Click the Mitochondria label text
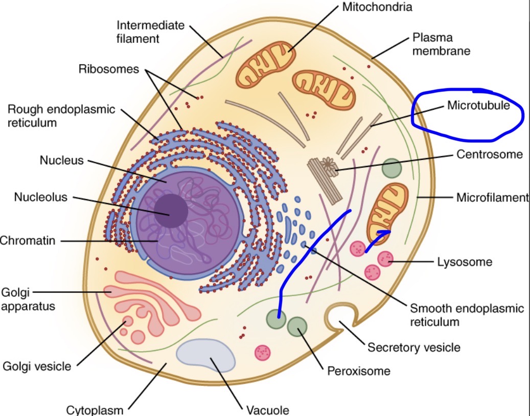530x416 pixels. click(x=377, y=7)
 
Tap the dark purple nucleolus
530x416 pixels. click(x=171, y=211)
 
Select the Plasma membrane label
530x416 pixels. click(x=441, y=44)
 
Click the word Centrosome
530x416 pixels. click(x=490, y=154)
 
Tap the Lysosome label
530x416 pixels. click(x=465, y=262)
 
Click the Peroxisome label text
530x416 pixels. click(x=359, y=371)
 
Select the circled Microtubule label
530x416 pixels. click(x=478, y=106)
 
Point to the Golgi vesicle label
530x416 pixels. click(x=37, y=366)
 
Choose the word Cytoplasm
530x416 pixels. click(x=95, y=410)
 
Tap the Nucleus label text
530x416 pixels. click(x=61, y=161)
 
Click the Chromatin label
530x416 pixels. click(x=28, y=240)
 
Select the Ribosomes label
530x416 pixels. click(x=109, y=69)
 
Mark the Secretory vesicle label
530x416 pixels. click(x=414, y=348)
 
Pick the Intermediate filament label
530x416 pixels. click(x=150, y=32)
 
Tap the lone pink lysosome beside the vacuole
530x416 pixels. click(x=263, y=352)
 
